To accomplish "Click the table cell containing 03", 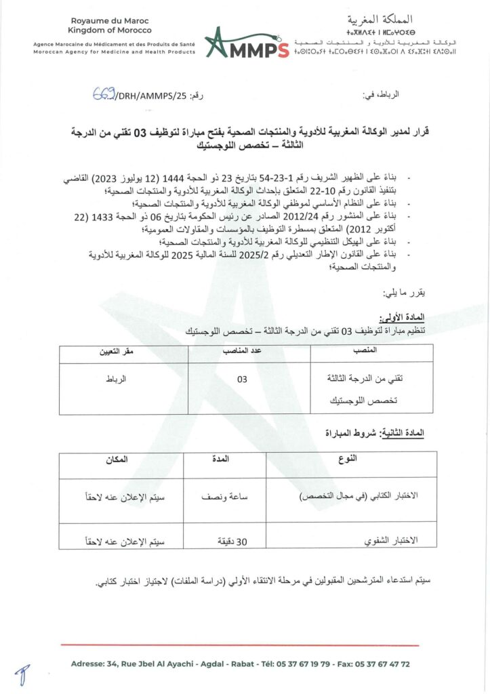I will (x=242, y=380).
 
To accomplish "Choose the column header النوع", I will (x=348, y=460).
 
